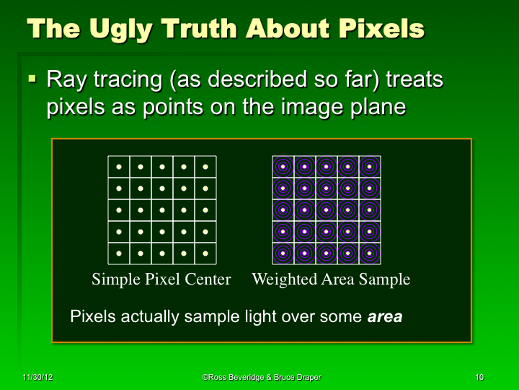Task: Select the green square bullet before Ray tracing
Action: [32, 77]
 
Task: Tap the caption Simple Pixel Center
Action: [161, 279]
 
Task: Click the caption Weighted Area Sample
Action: [331, 279]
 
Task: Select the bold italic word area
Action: [385, 316]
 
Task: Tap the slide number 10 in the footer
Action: [479, 378]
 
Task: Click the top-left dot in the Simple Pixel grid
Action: [119, 167]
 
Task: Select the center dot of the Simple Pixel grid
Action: [162, 210]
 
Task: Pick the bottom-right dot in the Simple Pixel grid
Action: [205, 253]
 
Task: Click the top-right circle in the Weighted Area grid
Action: [370, 167]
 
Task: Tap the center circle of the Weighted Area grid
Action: [327, 210]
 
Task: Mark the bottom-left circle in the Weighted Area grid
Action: [283, 253]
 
